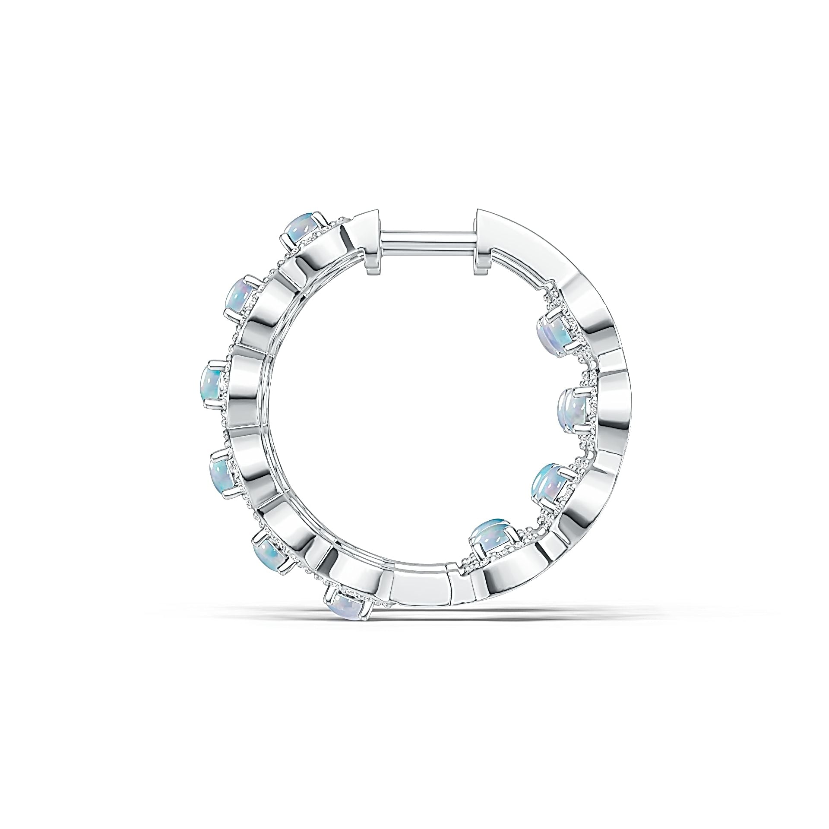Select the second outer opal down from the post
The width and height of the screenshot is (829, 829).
(242, 295)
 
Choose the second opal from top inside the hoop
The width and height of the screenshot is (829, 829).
(573, 407)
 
